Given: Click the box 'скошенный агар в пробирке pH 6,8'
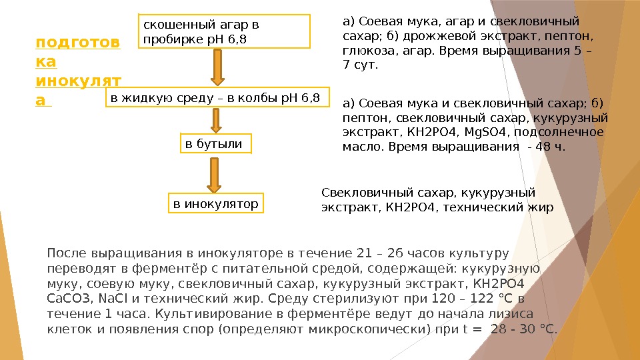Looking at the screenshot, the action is point(225,32).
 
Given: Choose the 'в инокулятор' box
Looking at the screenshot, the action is point(215,204).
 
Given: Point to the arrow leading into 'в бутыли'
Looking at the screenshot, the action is point(217,121).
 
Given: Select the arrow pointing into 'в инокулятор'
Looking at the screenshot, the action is point(215,174).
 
